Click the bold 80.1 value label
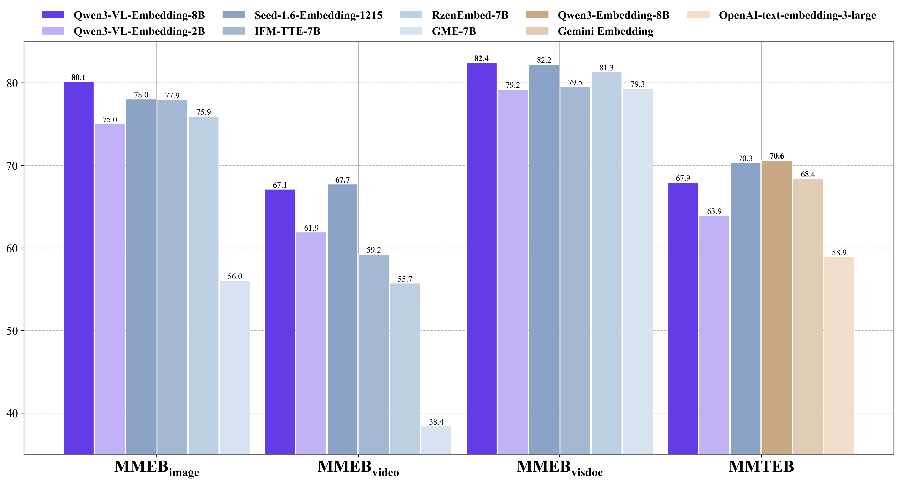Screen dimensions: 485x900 coord(78,77)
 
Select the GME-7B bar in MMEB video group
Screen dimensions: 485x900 coord(436,440)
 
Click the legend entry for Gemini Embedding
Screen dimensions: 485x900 coord(605,32)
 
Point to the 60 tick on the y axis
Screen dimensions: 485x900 coord(12,248)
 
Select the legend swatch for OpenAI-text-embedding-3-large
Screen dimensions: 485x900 coord(698,15)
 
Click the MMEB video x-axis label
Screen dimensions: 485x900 coord(358,468)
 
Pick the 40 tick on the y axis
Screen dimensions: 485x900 coord(12,413)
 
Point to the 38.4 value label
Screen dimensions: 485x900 coord(436,422)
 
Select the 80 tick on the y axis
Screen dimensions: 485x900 coord(12,83)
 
